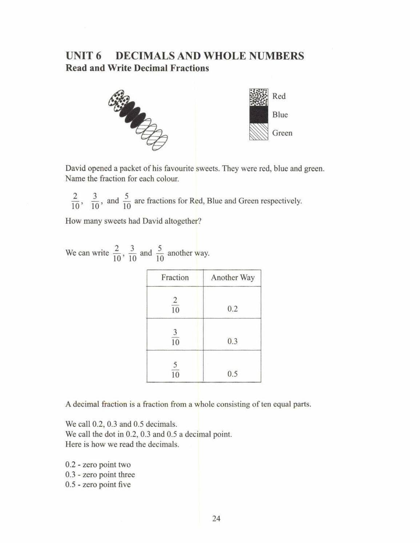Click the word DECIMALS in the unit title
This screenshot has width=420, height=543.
(145, 56)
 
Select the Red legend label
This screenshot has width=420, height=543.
(279, 96)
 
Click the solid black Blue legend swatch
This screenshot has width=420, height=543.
(259, 115)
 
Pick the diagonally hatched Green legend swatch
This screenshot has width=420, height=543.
(259, 132)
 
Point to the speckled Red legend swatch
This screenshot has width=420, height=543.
(259, 97)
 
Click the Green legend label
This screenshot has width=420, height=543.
(282, 133)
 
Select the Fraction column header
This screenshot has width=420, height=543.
(175, 278)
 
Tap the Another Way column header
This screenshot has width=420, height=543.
(233, 278)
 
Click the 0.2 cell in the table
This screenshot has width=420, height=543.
(233, 309)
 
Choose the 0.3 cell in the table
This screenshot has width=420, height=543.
(233, 341)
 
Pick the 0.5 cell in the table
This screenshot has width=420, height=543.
(233, 374)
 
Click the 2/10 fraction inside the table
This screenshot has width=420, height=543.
(175, 305)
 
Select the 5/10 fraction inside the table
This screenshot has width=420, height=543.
(175, 370)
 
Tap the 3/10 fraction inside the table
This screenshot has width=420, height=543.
(175, 337)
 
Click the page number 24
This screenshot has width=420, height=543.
(216, 519)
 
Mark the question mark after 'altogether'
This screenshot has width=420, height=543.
(199, 221)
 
